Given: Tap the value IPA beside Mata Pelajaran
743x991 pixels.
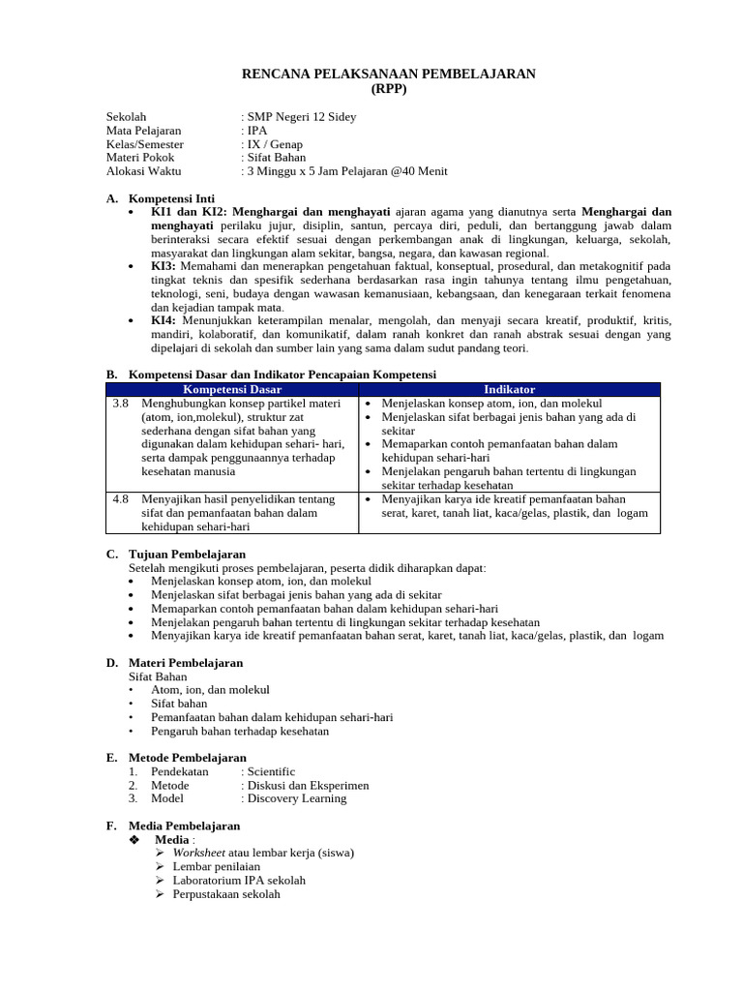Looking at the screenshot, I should tap(257, 131).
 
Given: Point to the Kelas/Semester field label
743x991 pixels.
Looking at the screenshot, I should tap(145, 144).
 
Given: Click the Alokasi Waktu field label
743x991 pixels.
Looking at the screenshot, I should tap(144, 171).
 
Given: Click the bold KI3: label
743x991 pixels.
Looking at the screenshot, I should tap(163, 266).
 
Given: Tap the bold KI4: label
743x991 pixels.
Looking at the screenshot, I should tap(163, 320).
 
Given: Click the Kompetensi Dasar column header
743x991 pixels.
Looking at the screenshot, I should tap(231, 389).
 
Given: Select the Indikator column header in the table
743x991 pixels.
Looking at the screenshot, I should tap(509, 389).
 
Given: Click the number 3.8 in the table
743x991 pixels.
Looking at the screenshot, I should tap(121, 403).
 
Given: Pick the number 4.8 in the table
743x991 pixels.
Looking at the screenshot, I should tap(121, 499).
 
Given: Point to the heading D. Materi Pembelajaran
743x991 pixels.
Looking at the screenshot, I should tap(174, 663).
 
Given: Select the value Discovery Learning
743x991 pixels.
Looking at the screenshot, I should tap(296, 798).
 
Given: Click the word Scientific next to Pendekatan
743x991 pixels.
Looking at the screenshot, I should tap(271, 771).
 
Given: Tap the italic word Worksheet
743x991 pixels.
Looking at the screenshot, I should tap(199, 853).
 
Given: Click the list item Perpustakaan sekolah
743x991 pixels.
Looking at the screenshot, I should tap(226, 894).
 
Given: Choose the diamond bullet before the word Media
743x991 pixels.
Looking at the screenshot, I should tap(134, 840).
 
